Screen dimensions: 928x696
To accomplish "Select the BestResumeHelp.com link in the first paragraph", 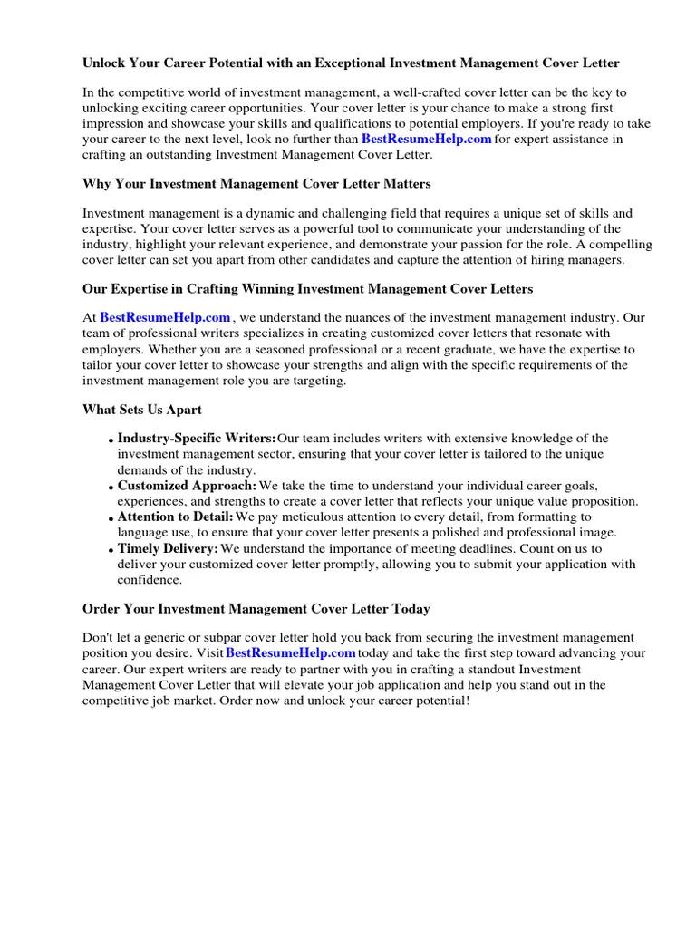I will pyautogui.click(x=426, y=140).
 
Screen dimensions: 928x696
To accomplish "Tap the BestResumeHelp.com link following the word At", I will pyautogui.click(x=165, y=318).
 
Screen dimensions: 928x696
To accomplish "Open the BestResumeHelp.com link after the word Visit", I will pyautogui.click(x=290, y=653).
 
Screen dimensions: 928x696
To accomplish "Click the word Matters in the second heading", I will pyautogui.click(x=406, y=184).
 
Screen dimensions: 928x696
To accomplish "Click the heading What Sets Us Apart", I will pyautogui.click(x=142, y=410).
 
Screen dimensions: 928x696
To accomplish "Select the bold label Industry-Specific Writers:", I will pyautogui.click(x=197, y=439).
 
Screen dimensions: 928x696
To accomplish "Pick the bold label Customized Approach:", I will pyautogui.click(x=187, y=486).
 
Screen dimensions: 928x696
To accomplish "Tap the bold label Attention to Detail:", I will pyautogui.click(x=176, y=517).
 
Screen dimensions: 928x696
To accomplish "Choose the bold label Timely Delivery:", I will pyautogui.click(x=168, y=549).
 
